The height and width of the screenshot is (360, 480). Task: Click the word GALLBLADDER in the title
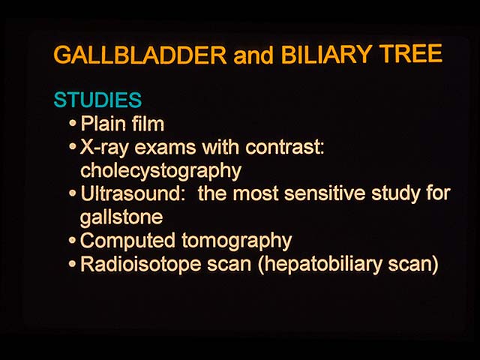(140, 55)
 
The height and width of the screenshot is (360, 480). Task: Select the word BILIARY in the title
(325, 55)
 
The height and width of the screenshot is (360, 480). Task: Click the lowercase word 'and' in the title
(253, 55)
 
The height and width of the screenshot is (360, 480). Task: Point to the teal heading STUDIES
(97, 100)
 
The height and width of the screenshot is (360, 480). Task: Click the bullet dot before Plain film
(73, 123)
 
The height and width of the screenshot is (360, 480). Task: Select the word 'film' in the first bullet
(148, 123)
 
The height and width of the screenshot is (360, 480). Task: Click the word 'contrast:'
(284, 147)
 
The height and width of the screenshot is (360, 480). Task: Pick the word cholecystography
(160, 171)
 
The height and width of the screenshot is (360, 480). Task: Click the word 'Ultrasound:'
(133, 193)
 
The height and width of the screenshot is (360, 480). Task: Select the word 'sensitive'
(325, 193)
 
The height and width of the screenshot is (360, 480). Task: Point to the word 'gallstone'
(121, 217)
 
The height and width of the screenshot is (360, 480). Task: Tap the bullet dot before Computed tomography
(73, 240)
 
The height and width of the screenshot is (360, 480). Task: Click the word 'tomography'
(237, 241)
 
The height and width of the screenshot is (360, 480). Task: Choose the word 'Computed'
(128, 241)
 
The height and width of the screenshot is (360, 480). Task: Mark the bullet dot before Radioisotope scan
(73, 263)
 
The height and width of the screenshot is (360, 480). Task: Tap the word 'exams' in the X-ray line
(165, 148)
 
